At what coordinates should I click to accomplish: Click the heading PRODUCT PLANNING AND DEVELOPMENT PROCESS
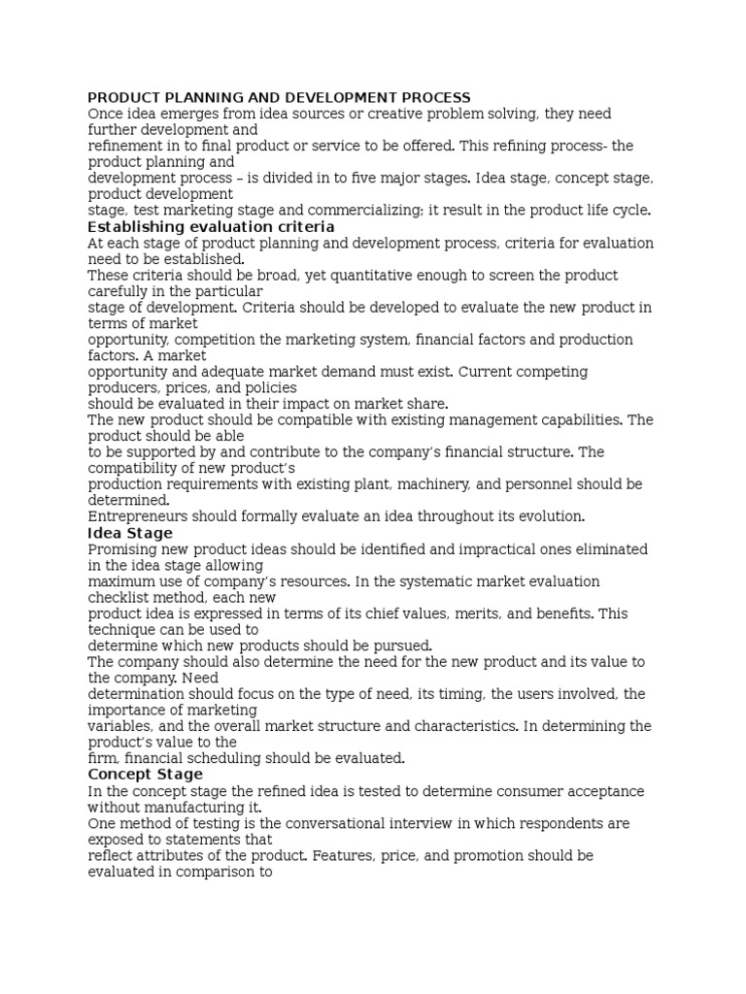pos(279,97)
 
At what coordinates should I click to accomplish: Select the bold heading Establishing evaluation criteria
pos(211,227)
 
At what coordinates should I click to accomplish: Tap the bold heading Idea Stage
pos(130,533)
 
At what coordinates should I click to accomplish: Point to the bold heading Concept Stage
pos(146,775)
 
